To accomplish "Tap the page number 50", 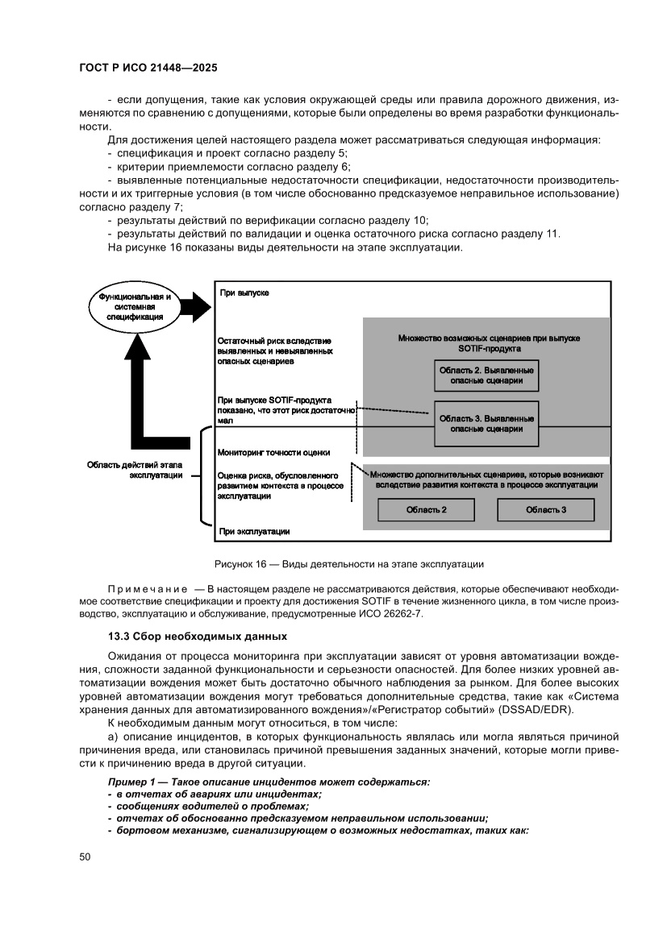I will coord(85,857).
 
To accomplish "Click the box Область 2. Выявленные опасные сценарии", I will coord(486,376).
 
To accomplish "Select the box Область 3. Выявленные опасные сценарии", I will coord(486,423).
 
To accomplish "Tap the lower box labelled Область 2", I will coord(427,510).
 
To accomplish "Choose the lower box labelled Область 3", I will coord(545,510).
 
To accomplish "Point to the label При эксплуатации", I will coord(254,532).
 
